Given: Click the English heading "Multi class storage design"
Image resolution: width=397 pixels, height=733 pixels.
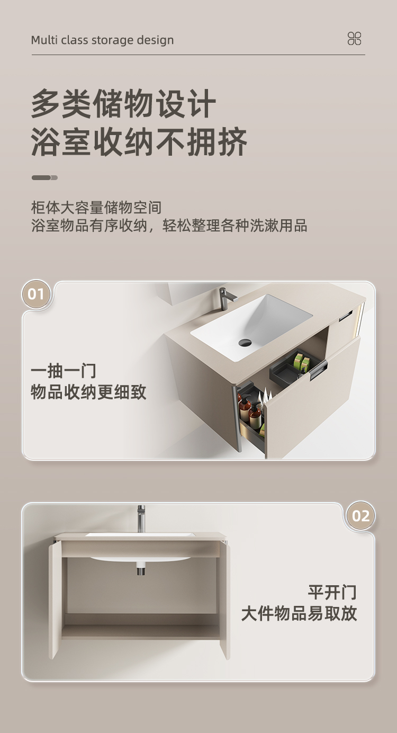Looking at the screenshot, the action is (x=102, y=40).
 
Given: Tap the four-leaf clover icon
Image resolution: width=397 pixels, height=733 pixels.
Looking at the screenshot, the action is (x=354, y=38).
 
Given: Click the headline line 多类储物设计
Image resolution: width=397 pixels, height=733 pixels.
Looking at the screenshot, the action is (x=124, y=103).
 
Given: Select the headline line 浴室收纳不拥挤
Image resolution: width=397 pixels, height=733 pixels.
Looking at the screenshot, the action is (x=139, y=142).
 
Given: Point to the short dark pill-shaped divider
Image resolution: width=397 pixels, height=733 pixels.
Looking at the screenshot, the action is (x=44, y=177).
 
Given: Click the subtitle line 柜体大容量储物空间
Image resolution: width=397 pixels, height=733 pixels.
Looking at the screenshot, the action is (x=96, y=208).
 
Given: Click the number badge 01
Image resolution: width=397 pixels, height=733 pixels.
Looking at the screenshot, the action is (x=36, y=294).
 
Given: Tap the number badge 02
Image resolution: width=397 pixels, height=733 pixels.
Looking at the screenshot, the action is (x=360, y=516).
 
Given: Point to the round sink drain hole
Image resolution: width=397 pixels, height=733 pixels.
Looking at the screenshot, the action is (x=245, y=343).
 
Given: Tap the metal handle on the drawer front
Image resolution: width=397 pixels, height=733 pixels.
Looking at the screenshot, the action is (x=318, y=369).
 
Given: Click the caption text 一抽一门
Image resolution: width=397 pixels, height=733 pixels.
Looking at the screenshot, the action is (x=64, y=371).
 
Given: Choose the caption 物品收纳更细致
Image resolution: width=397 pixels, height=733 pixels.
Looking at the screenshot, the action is (x=88, y=392).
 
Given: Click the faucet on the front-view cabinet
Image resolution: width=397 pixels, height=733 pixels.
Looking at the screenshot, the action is (x=141, y=519).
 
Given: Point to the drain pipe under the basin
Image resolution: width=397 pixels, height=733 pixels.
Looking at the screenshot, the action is (x=141, y=568).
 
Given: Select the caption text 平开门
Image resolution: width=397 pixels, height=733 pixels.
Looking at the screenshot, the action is (x=332, y=592).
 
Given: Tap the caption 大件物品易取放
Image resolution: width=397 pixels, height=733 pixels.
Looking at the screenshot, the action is (x=299, y=613).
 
